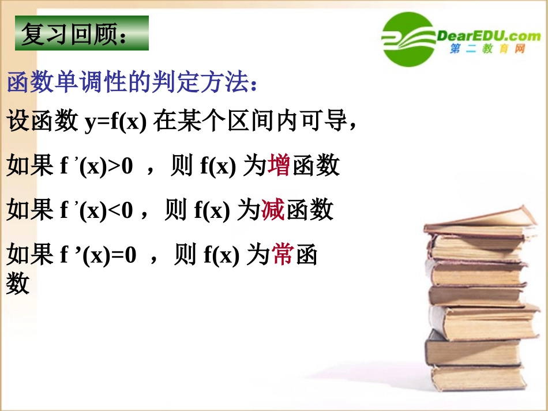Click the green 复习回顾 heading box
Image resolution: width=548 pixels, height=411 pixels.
click(x=81, y=33)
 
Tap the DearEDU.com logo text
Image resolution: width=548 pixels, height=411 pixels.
click(x=489, y=36)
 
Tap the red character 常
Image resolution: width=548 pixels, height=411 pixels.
click(x=283, y=254)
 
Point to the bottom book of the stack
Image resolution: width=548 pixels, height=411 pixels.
click(x=478, y=378)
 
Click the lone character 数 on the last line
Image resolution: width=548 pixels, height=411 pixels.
click(x=18, y=283)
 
